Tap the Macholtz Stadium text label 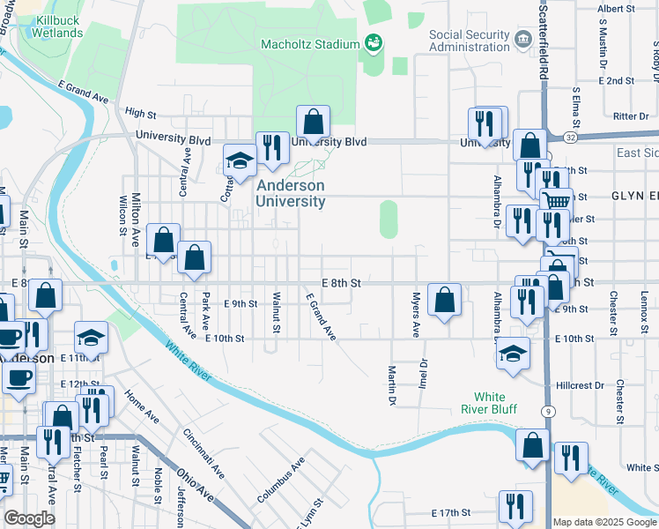point(315,43)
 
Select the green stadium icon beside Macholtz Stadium point(373,42)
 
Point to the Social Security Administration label point(470,41)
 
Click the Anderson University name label point(290,193)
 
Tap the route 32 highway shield point(571,138)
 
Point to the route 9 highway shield point(548,411)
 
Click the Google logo point(29,518)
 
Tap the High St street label point(140,113)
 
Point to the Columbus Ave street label point(281,480)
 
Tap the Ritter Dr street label point(631,115)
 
